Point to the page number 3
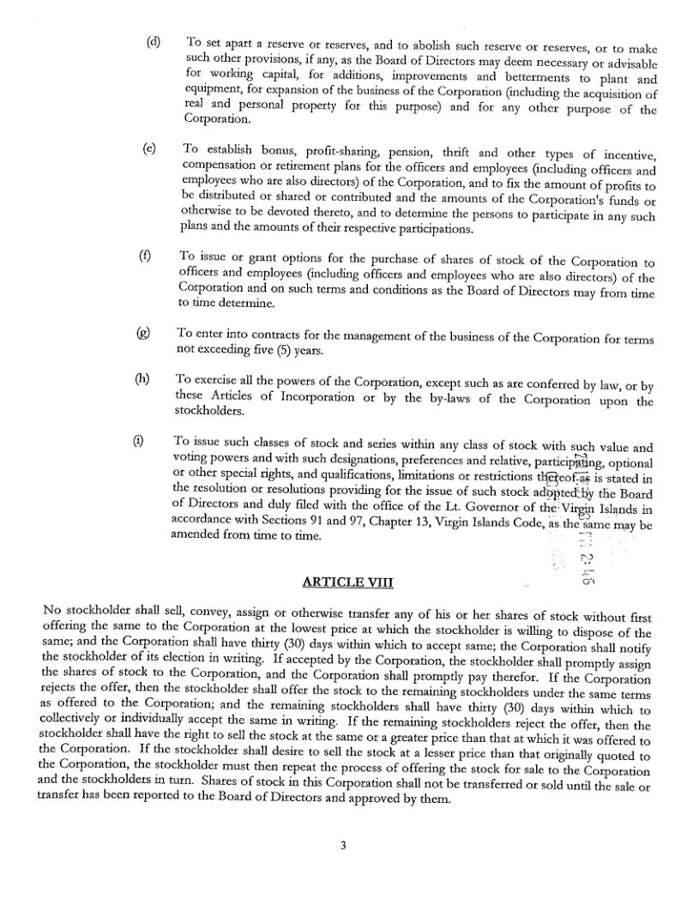343,846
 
